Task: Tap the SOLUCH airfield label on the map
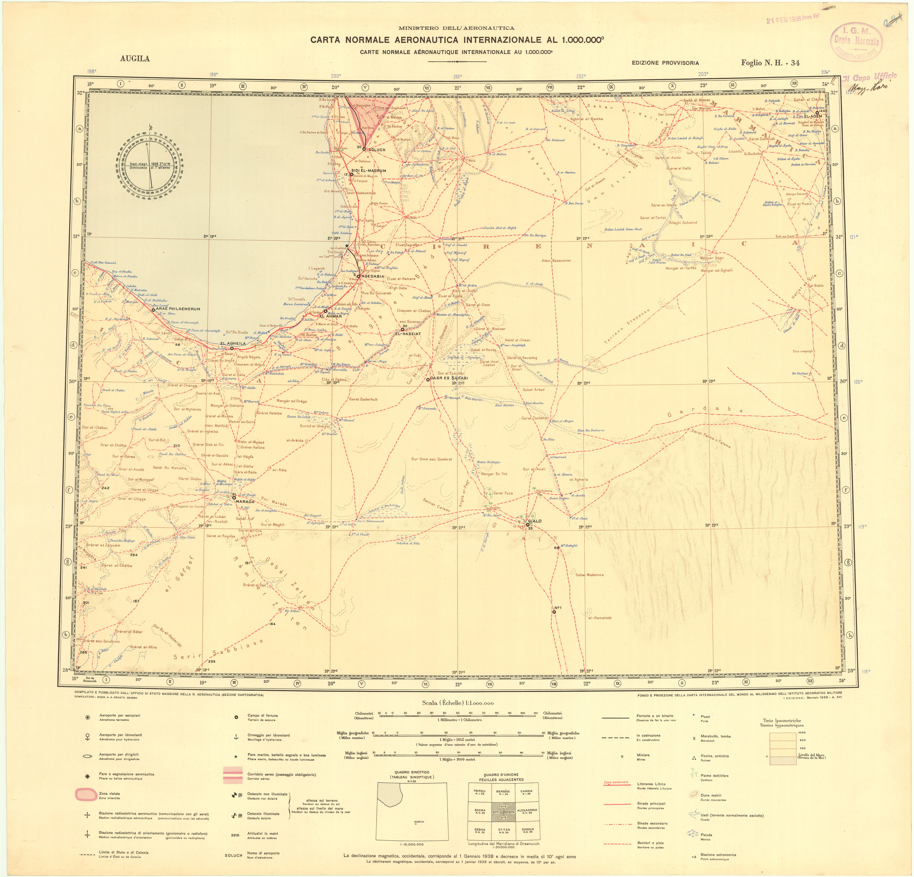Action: click(x=377, y=150)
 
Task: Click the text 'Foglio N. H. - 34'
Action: click(x=770, y=63)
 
